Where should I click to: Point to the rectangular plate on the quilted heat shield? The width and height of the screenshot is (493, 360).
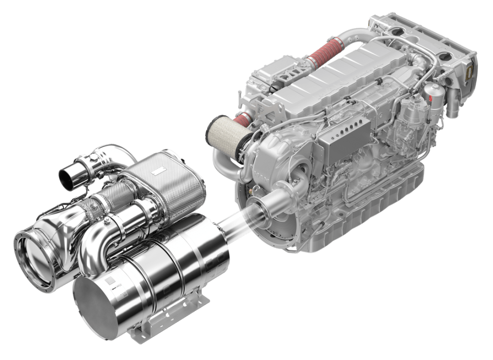157,171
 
